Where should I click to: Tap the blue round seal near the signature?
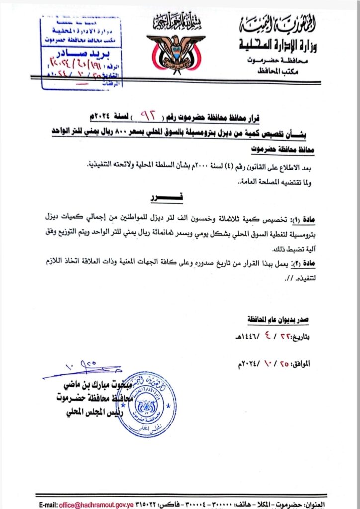146,404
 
